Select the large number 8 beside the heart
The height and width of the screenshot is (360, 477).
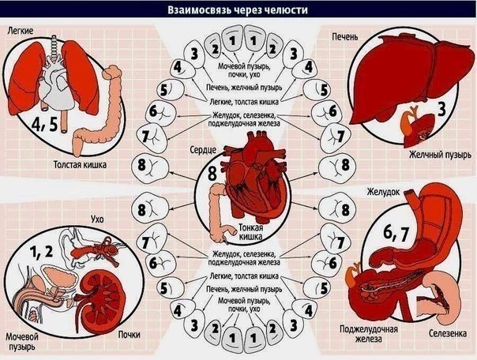(x=212, y=174)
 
